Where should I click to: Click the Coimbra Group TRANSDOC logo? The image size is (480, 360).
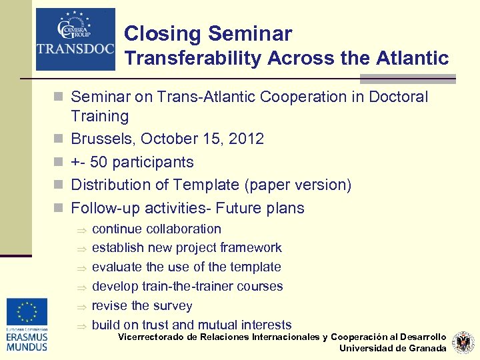(x=75, y=39)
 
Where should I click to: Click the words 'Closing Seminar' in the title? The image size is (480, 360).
(x=208, y=33)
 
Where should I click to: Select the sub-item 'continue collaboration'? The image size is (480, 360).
(x=156, y=229)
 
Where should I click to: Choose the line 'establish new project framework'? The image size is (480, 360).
(x=187, y=248)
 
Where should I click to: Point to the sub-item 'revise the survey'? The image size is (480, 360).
(x=141, y=306)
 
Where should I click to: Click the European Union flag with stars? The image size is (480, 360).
(x=27, y=312)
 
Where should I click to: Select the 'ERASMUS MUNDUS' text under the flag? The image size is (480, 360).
(x=27, y=343)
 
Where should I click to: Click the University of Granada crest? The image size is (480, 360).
(x=463, y=343)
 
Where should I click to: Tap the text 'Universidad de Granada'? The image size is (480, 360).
(x=393, y=348)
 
